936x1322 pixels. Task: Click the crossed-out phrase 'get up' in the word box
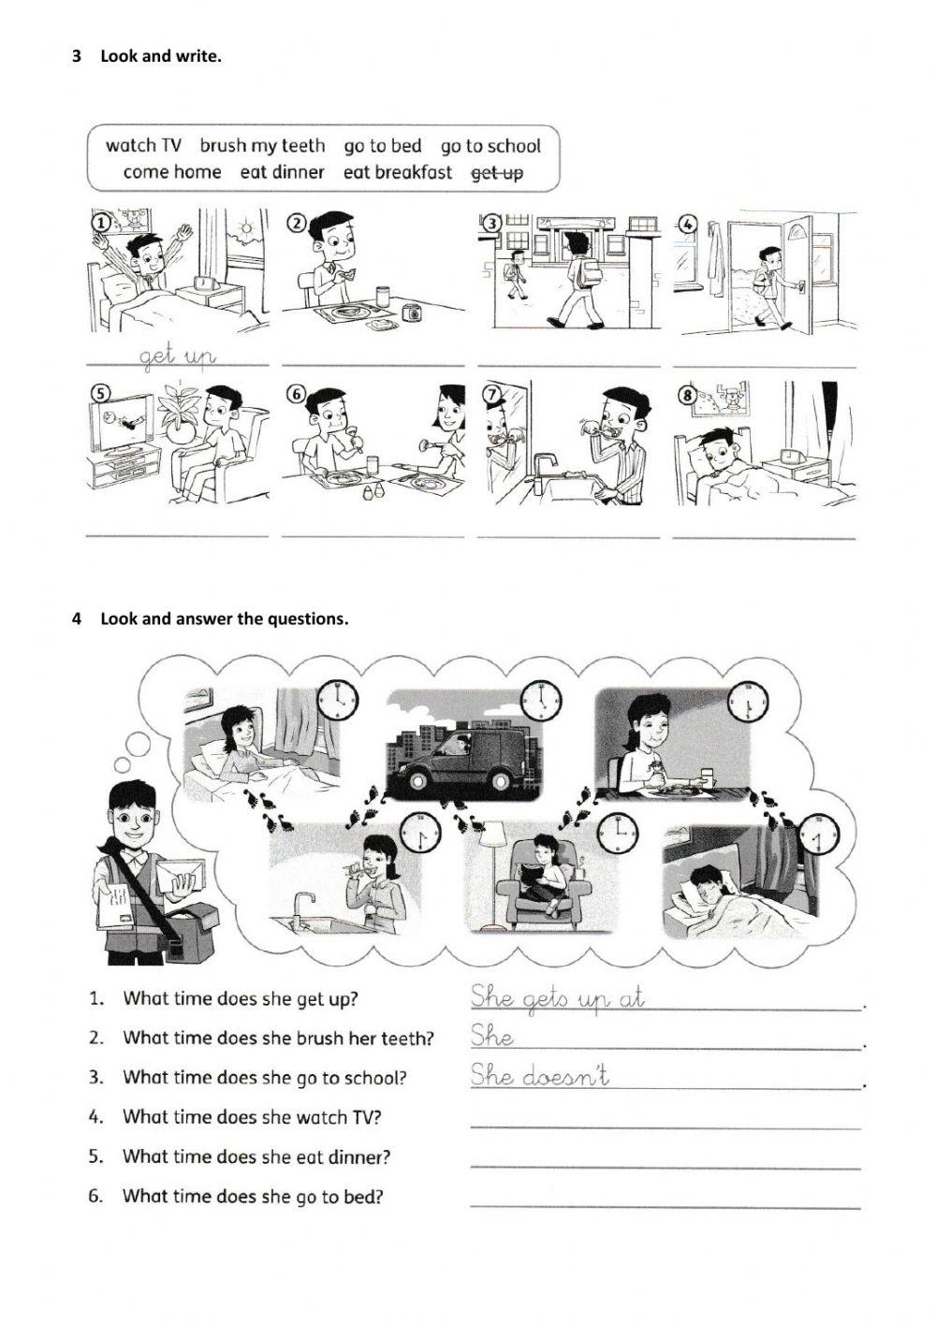coord(497,173)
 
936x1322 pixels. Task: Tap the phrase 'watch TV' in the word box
coord(143,146)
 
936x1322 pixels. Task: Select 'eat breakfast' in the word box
coord(397,173)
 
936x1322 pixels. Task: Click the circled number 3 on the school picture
coord(490,223)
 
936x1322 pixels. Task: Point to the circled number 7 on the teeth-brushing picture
coord(490,393)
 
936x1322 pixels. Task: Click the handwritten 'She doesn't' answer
coord(539,1076)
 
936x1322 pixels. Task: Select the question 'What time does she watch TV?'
coord(252,1117)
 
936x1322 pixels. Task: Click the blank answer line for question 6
coord(665,1205)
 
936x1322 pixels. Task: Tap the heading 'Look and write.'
coord(161,56)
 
